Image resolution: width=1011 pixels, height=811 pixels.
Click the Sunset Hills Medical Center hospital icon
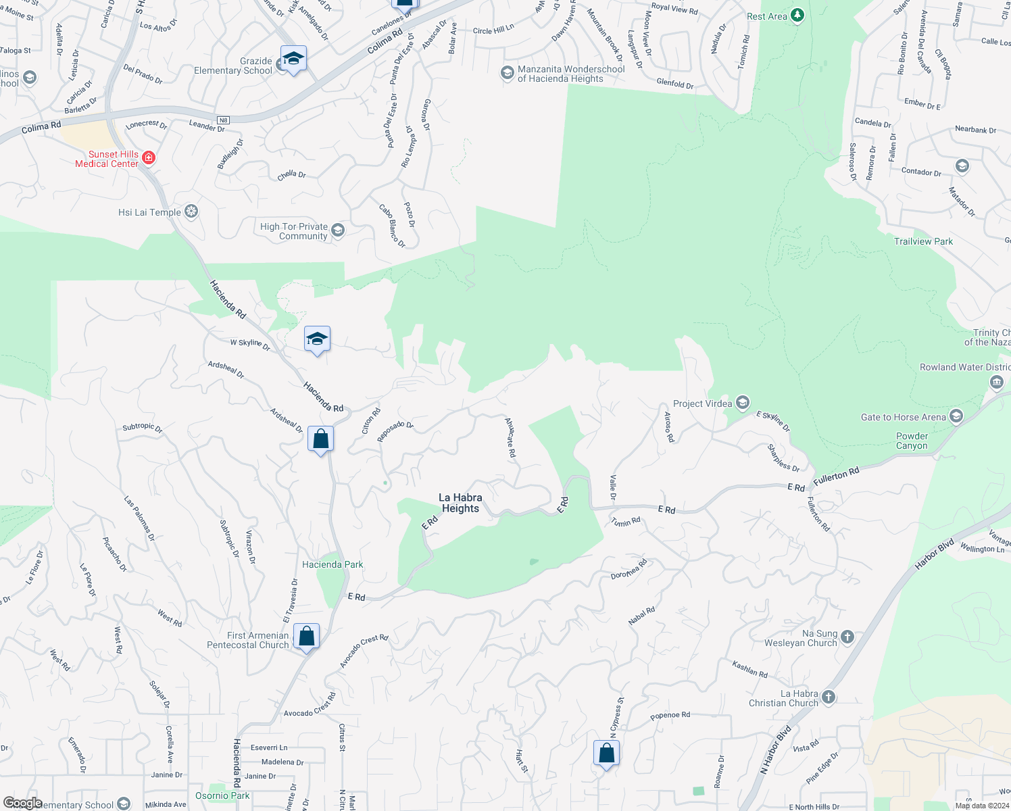pyautogui.click(x=149, y=158)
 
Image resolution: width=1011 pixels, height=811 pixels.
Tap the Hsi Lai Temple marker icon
pyautogui.click(x=191, y=212)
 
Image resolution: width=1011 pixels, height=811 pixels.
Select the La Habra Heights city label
pyautogui.click(x=460, y=503)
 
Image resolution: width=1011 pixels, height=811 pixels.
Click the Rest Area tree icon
pyautogui.click(x=797, y=16)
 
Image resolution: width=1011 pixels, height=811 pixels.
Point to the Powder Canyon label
pyautogui.click(x=912, y=441)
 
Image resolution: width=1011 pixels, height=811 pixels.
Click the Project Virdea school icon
pyautogui.click(x=742, y=403)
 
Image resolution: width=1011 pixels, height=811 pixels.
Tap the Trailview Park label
pyautogui.click(x=923, y=241)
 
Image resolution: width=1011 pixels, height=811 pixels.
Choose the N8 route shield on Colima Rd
pyautogui.click(x=224, y=120)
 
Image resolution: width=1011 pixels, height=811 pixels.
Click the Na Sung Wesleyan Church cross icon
pyautogui.click(x=847, y=637)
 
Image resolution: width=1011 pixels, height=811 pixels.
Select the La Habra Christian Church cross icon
pyautogui.click(x=829, y=697)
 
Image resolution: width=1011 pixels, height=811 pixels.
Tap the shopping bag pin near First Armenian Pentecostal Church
pyautogui.click(x=307, y=636)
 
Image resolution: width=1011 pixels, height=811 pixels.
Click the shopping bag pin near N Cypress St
pyautogui.click(x=607, y=752)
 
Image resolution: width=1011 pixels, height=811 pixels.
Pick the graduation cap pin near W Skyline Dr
pyautogui.click(x=316, y=339)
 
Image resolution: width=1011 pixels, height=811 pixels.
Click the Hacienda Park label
pyautogui.click(x=332, y=564)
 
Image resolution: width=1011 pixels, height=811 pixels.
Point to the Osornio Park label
pyautogui.click(x=222, y=795)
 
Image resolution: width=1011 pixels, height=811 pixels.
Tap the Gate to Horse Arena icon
pyautogui.click(x=956, y=416)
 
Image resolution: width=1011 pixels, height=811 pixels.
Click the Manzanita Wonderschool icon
pyautogui.click(x=507, y=73)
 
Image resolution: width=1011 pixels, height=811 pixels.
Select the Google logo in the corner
pyautogui.click(x=22, y=803)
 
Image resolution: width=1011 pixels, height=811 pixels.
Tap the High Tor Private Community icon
pyautogui.click(x=338, y=230)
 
